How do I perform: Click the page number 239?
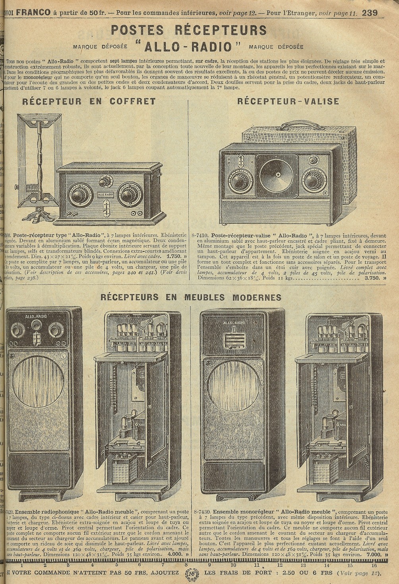tap(369, 12)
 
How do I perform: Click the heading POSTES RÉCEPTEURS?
tap(188, 30)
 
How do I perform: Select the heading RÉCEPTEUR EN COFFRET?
tap(89, 101)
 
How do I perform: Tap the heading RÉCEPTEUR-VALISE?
tap(288, 101)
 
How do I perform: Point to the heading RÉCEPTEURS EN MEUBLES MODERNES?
tap(191, 297)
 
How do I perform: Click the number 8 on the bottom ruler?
tap(186, 565)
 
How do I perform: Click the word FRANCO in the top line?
tap(33, 12)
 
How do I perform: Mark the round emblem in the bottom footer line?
tap(192, 574)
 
